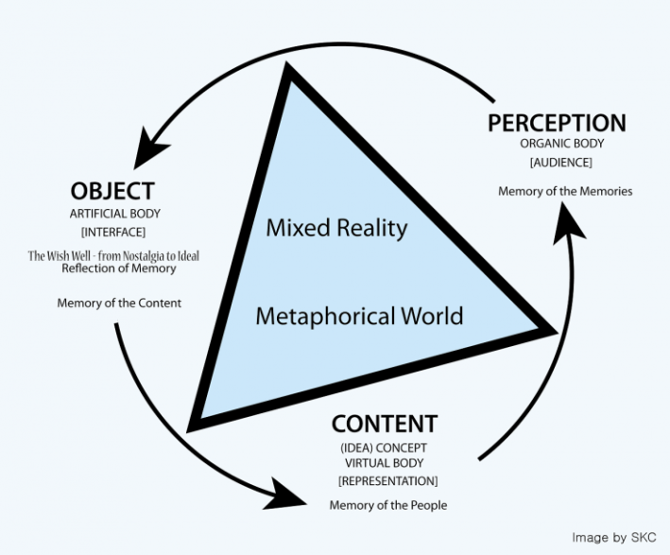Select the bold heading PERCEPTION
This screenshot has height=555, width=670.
[x=557, y=123]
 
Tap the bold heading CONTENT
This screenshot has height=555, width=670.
[x=384, y=423]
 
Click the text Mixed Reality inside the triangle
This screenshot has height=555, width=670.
[x=336, y=228]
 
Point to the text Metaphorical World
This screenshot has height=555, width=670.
[x=359, y=314]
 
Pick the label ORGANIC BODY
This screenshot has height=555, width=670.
[x=556, y=145]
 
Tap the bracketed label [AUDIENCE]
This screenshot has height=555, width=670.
[x=556, y=163]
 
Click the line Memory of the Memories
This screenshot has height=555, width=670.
[x=565, y=192]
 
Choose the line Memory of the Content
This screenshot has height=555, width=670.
[x=119, y=303]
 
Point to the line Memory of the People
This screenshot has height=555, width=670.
[x=387, y=505]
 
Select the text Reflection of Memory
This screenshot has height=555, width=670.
[x=119, y=269]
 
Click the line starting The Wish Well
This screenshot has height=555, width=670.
[x=119, y=255]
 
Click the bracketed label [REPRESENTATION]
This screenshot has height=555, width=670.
[x=387, y=481]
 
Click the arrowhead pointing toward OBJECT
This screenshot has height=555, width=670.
[x=151, y=147]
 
